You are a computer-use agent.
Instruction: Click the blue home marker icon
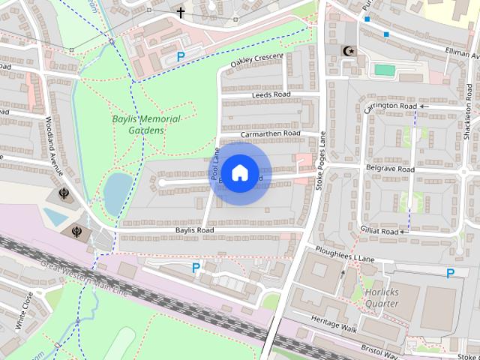point(239,172)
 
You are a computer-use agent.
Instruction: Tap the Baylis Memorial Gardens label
point(146,124)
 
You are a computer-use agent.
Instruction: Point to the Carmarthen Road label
point(271,133)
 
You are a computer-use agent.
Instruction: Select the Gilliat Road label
point(379,232)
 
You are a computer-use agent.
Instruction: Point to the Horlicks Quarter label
point(382,298)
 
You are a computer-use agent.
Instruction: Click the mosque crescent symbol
point(346,50)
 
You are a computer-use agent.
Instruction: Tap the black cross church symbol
point(181,12)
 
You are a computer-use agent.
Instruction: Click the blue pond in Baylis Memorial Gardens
point(116,193)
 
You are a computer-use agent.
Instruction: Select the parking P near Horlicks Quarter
point(450,274)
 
